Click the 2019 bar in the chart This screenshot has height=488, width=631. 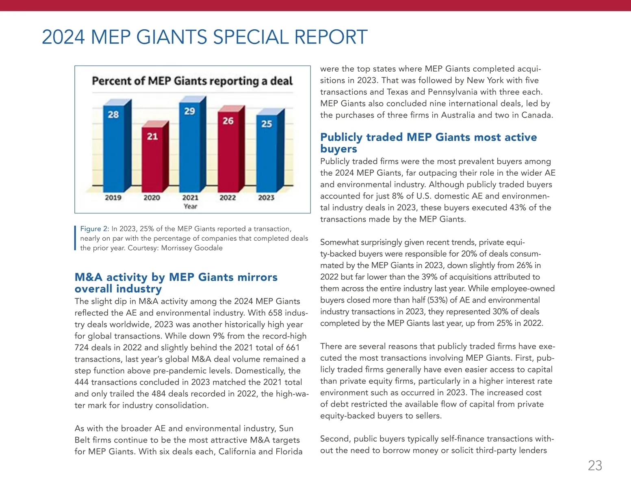(x=113, y=150)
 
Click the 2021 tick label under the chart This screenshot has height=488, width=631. (x=190, y=198)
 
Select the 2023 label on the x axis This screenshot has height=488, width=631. (x=266, y=198)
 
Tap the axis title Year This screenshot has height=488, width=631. (x=190, y=207)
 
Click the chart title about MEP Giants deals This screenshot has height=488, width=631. (x=192, y=81)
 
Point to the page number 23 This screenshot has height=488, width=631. (x=595, y=466)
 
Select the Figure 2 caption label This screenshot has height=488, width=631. (x=94, y=229)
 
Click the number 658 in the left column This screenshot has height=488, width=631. (x=276, y=313)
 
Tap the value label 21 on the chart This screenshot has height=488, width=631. (x=152, y=136)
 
